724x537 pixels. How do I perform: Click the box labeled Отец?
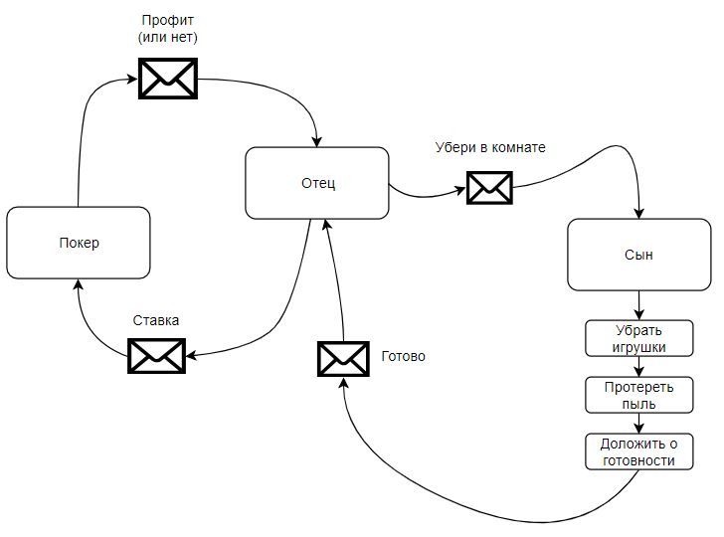click(317, 183)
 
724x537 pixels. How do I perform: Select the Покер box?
click(78, 243)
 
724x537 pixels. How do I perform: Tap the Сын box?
click(637, 255)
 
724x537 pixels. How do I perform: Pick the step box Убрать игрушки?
click(637, 338)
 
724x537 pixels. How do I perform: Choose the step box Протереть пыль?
click(637, 395)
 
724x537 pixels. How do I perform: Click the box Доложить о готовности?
click(637, 451)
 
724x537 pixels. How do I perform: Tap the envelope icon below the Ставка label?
click(157, 356)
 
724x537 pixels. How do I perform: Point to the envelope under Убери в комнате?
click(489, 186)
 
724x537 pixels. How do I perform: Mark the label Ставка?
click(156, 320)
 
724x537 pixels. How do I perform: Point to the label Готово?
click(403, 355)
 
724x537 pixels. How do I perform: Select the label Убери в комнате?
click(490, 148)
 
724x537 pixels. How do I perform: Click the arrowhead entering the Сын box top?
click(638, 213)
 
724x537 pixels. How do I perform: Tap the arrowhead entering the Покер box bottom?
click(78, 285)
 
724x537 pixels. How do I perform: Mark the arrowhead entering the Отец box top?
click(317, 140)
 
